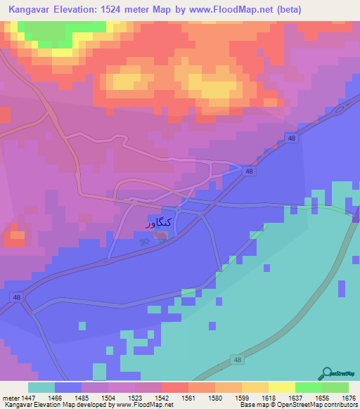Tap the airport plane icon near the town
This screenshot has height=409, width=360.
(146, 241)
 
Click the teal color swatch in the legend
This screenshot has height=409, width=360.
(41, 387)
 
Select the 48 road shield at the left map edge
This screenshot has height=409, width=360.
(15, 298)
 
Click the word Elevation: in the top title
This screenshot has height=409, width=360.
(78, 10)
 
